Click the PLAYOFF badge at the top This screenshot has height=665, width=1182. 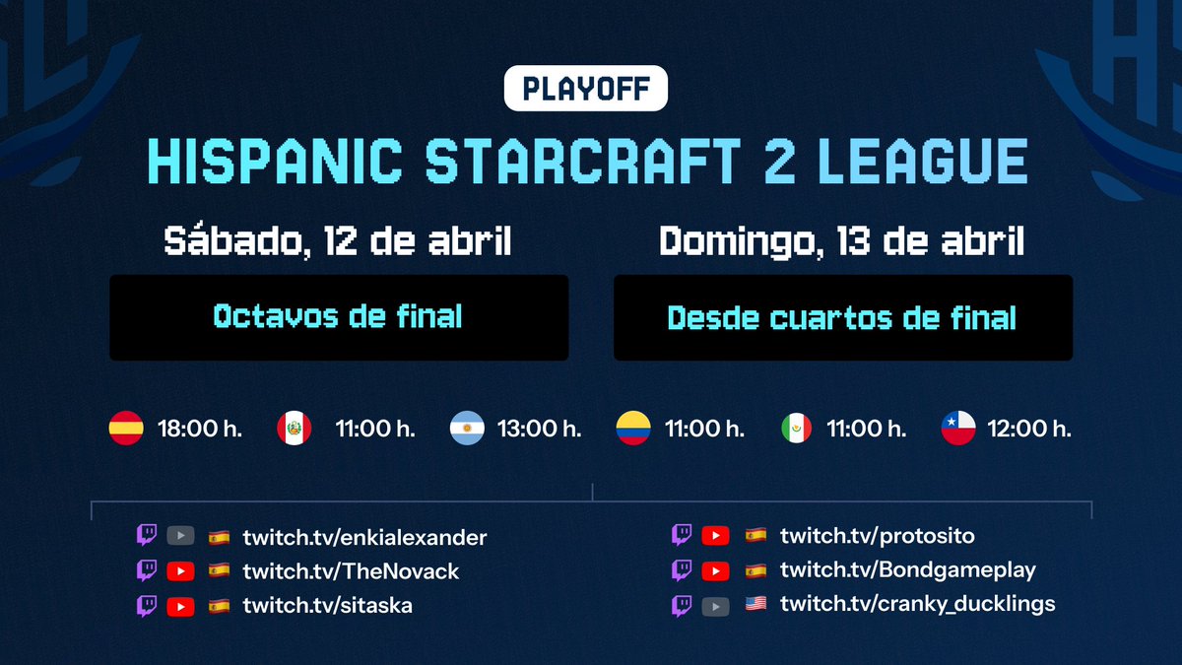coord(585,89)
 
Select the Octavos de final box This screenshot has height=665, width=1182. coord(338,317)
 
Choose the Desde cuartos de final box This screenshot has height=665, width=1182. coord(842,317)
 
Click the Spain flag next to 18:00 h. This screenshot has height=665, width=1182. coord(126,429)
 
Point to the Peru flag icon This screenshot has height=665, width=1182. coord(295,429)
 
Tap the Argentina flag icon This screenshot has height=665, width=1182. coord(466,429)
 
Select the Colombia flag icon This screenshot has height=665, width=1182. coord(632,429)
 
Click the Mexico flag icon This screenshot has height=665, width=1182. coord(796,429)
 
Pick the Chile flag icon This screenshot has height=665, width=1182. coord(958,429)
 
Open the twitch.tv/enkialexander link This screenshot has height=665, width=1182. coord(364,538)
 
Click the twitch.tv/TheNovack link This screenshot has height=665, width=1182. coord(351,571)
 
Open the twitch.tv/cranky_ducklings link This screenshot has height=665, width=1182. coord(917,603)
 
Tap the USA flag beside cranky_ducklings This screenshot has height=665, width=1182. coord(755,604)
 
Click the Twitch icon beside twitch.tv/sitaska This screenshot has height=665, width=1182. coord(147,605)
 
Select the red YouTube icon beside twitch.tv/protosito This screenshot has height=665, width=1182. coord(715,536)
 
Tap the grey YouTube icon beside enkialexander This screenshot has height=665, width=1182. coord(180,537)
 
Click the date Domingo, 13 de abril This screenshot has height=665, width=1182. coord(841,241)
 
